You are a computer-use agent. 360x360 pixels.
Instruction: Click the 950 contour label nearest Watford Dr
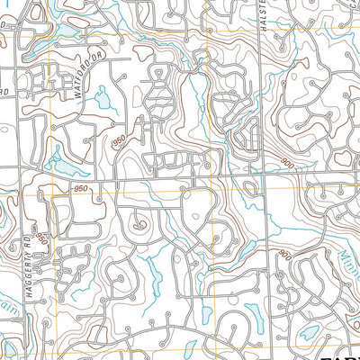pyautogui.click(x=119, y=144)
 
